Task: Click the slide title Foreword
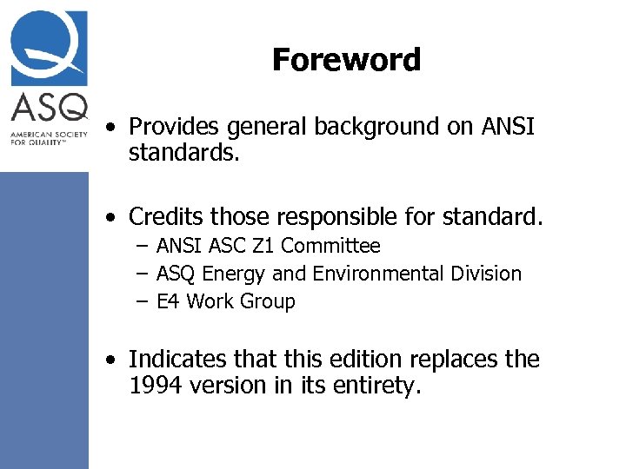[x=346, y=60]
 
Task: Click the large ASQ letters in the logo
[x=49, y=109]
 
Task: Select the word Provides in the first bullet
[x=174, y=127]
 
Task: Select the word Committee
[x=330, y=247]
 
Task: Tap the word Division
[x=484, y=274]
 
